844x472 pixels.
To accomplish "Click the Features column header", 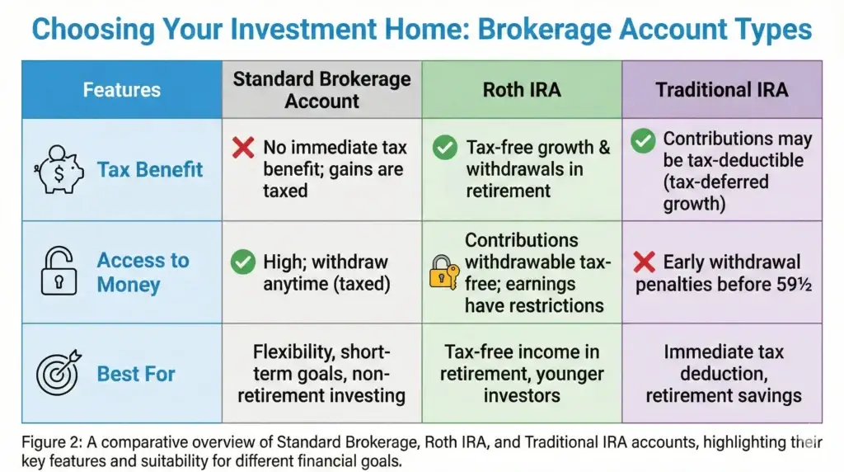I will tap(121, 89).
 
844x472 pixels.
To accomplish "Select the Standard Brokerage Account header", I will tap(321, 90).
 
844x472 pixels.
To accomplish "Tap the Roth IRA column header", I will tap(521, 89).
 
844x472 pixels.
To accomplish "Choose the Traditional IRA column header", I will tap(721, 89).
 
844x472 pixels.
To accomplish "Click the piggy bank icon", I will tap(59, 169).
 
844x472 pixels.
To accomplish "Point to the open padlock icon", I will tap(59, 272).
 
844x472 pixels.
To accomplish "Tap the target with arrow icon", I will tap(59, 373).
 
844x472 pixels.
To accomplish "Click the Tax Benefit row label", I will tap(150, 169).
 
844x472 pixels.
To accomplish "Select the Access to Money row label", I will tap(143, 272).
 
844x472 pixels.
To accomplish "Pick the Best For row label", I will tap(136, 374).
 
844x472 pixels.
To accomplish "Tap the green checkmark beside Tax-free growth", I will tap(445, 149).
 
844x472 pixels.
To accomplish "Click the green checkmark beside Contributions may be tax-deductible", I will tap(643, 141).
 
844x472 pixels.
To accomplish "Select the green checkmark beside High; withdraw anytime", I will tap(242, 263).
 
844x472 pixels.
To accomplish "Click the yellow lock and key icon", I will tap(443, 271).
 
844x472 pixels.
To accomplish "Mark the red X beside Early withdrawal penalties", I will tap(643, 263).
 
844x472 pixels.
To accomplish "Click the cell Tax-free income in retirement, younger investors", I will tap(521, 373).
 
